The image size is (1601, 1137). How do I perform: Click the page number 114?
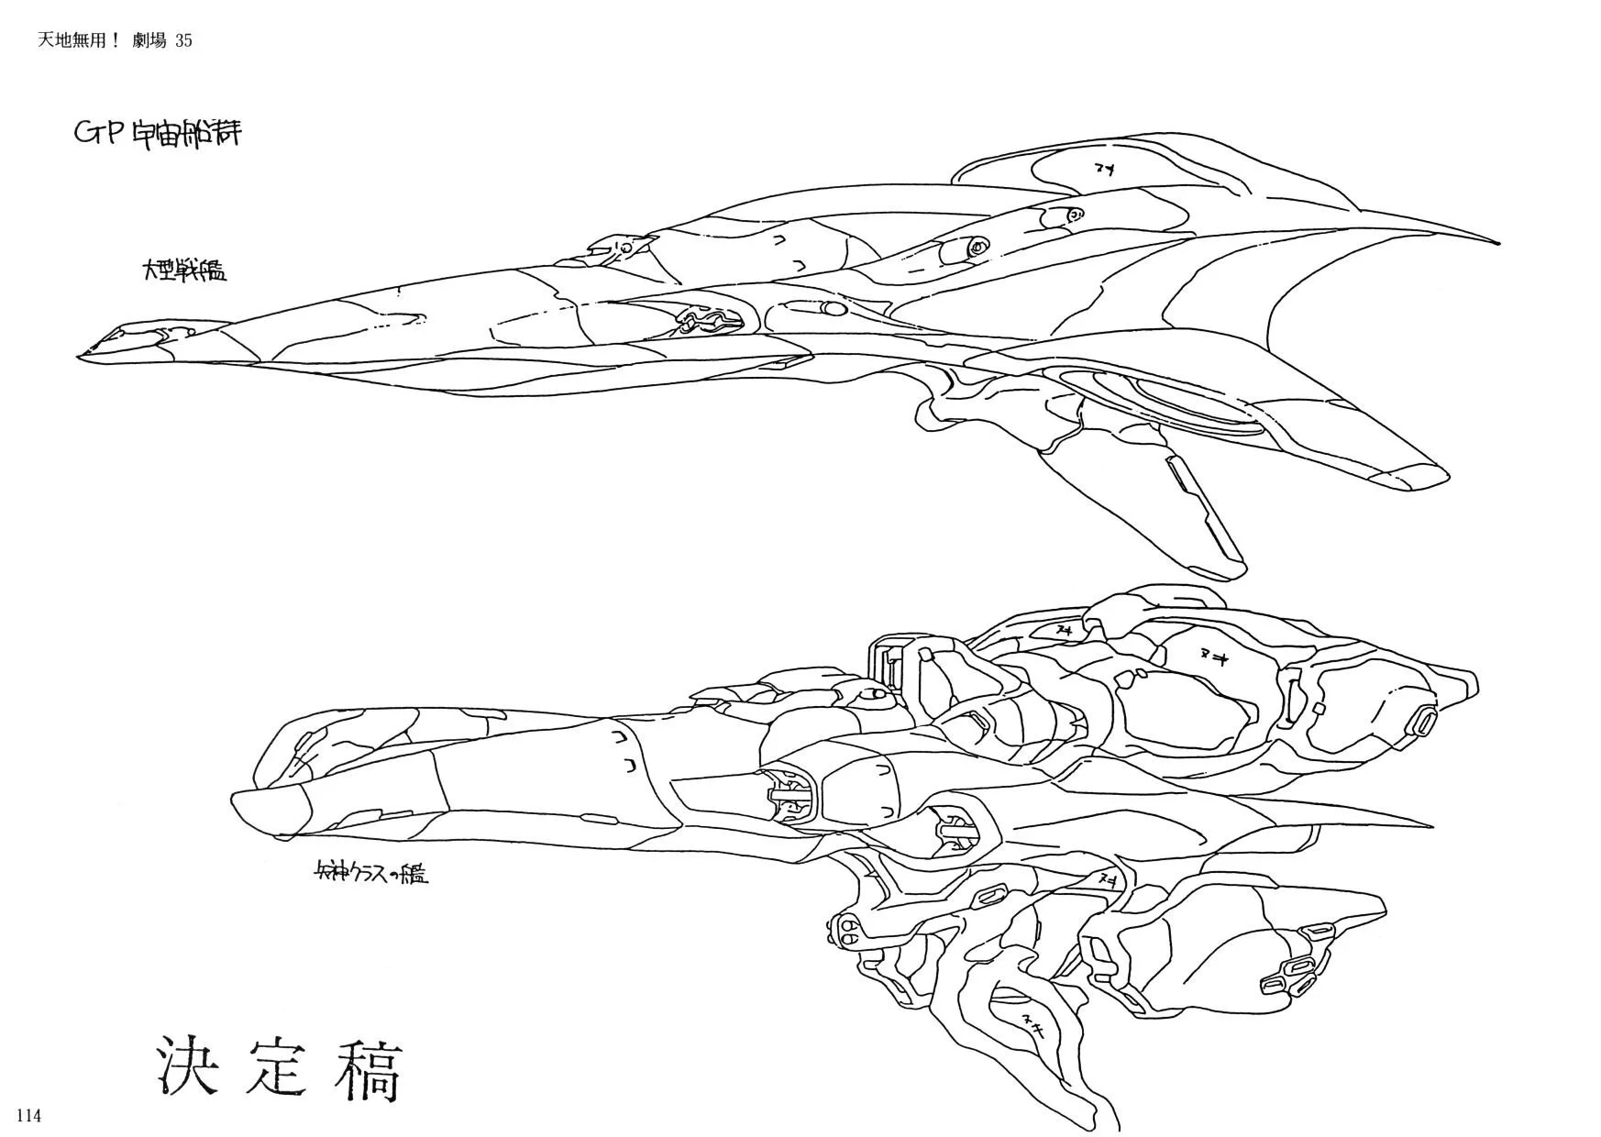(28, 1116)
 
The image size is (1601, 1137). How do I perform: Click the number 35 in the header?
(182, 40)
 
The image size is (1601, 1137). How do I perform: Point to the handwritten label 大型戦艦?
(183, 270)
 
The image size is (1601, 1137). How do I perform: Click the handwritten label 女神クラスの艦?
(370, 874)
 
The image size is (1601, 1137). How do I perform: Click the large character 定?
(278, 1069)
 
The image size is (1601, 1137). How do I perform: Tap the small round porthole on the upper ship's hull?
(978, 246)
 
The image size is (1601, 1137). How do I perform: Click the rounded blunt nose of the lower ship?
(240, 807)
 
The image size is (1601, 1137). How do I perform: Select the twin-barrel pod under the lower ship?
(847, 932)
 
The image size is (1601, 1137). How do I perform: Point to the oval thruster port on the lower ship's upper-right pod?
(1426, 722)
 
